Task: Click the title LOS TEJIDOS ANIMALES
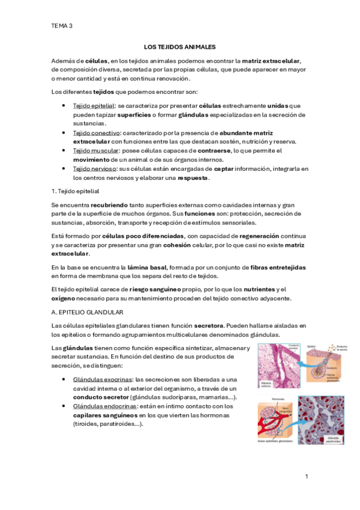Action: click(x=180, y=46)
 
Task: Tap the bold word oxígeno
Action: click(x=65, y=298)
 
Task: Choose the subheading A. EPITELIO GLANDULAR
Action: click(x=88, y=313)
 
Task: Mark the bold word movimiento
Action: click(x=91, y=159)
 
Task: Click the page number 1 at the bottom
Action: click(x=306, y=476)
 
